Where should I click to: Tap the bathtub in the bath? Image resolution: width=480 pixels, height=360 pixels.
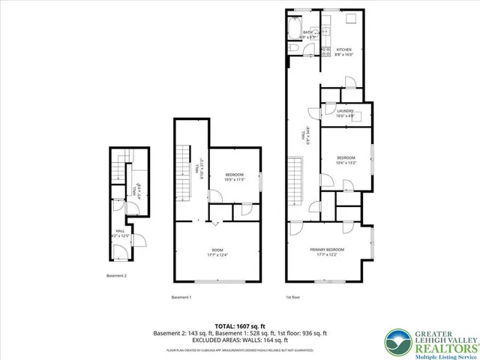pos(292,30)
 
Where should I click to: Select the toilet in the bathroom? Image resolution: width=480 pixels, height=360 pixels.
pos(295,49)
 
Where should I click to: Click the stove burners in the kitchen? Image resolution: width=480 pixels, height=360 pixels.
pos(325,51)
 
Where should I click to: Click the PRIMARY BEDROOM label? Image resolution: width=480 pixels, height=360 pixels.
pos(328,251)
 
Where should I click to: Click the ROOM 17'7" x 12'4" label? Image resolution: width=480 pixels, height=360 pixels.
pos(217,253)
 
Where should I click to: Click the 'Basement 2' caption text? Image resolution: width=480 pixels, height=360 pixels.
pos(116,275)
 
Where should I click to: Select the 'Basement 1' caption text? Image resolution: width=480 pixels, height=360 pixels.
pos(181,297)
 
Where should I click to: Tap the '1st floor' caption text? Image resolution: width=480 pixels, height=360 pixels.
pos(294,297)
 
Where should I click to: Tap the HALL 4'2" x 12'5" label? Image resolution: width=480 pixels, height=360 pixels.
pos(120,233)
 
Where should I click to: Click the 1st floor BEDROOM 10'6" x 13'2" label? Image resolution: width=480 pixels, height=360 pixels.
pos(345,160)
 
